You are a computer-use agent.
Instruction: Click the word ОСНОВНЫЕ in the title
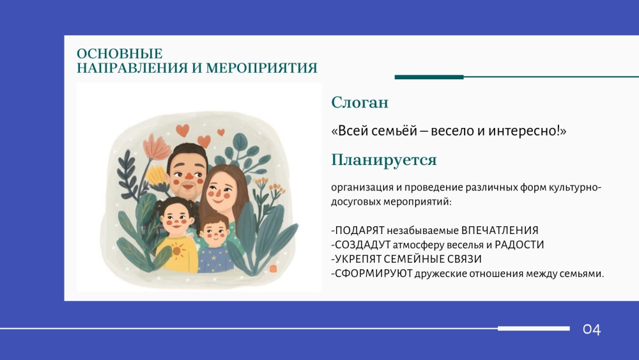119,54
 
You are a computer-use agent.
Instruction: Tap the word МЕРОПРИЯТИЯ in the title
261,68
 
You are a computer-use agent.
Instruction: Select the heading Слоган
359,102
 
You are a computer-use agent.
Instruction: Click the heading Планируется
383,160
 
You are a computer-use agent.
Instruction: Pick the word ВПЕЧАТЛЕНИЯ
500,230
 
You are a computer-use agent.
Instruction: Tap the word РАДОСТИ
519,245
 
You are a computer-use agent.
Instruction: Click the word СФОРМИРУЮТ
374,273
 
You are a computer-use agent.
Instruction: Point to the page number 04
592,329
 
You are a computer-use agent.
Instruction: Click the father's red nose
190,176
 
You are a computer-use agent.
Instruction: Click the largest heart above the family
183,130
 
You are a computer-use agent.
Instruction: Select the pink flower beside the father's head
157,147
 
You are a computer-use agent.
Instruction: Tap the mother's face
219,192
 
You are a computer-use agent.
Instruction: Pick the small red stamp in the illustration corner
273,269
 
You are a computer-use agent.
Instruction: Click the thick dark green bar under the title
429,77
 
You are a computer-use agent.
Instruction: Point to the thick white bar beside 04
534,329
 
